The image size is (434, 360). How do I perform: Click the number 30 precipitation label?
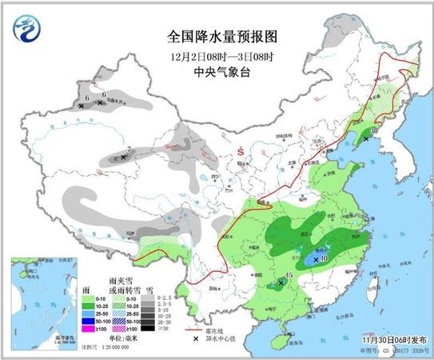pos(372,130)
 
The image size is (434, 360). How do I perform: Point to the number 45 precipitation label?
pos(288,277)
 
